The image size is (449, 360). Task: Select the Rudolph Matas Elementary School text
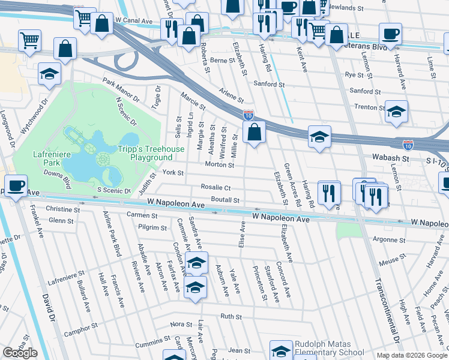(329, 348)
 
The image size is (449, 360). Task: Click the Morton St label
(219, 164)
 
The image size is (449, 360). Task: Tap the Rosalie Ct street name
(215, 188)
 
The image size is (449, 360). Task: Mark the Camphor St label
(80, 329)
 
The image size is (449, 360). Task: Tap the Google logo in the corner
(20, 353)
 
